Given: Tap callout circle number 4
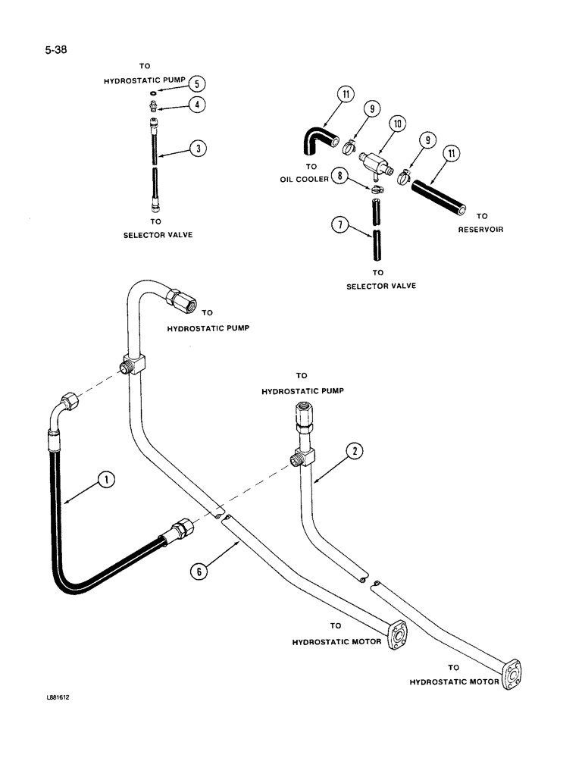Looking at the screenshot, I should point(196,105).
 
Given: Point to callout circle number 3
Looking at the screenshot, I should point(197,149).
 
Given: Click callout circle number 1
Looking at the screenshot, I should point(107,478).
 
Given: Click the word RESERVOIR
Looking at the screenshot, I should point(480,229).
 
